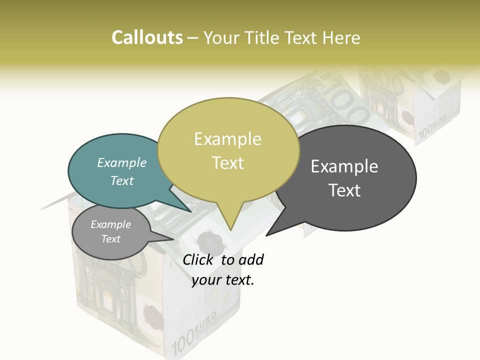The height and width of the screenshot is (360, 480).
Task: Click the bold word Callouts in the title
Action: coord(147,37)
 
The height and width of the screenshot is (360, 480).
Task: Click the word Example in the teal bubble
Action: coord(122,163)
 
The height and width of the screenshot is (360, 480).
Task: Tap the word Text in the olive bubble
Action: coord(228,163)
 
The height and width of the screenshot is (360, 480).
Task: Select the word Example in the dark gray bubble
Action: coord(344,166)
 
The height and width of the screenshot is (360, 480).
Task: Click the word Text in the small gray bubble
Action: coord(111,239)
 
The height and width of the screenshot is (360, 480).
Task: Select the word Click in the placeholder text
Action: coord(197,260)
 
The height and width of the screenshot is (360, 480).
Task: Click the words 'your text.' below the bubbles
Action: coord(223,280)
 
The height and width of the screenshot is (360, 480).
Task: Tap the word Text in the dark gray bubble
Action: coord(344,190)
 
